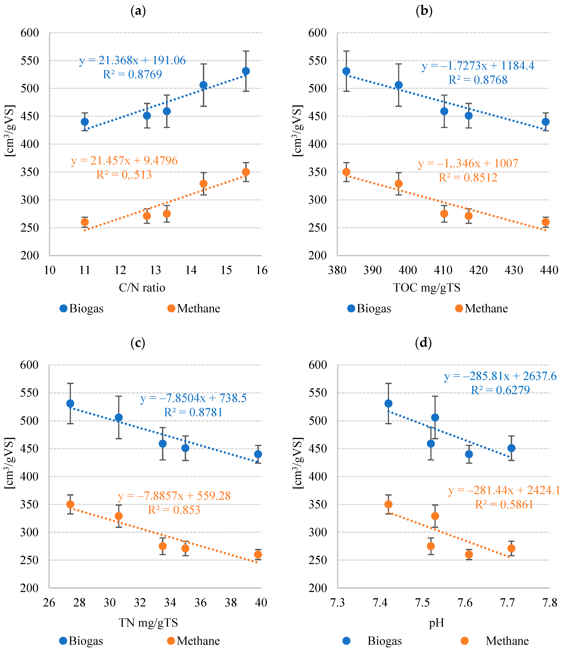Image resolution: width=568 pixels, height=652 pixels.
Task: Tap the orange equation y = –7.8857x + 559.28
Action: tap(174, 496)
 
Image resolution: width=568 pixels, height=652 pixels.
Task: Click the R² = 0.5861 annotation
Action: tap(504, 505)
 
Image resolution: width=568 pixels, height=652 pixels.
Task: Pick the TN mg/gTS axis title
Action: tap(148, 623)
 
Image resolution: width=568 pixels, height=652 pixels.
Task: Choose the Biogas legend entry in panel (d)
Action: tap(373, 641)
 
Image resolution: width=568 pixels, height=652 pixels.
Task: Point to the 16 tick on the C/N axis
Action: tap(261, 270)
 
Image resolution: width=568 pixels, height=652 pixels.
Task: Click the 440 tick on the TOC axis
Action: tap(549, 270)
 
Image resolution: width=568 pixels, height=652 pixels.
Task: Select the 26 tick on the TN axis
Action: tap(49, 603)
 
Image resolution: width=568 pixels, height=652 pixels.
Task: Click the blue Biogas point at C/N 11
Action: tap(85, 122)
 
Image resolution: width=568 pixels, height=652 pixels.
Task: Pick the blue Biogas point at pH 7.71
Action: tap(511, 448)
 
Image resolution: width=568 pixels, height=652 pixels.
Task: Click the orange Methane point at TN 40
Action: tap(258, 554)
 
